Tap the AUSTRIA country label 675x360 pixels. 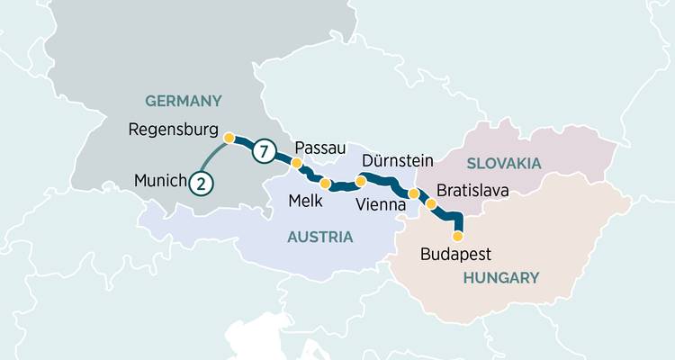click(x=319, y=237)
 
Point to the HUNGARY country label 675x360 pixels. click(x=500, y=278)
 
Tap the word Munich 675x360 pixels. click(x=159, y=181)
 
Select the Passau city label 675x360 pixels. click(x=321, y=147)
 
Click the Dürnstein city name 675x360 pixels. click(x=397, y=161)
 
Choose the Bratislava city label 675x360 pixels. click(x=472, y=191)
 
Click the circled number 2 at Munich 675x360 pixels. click(x=202, y=183)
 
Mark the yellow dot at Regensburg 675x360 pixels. click(x=229, y=138)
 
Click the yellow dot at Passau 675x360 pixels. click(x=296, y=164)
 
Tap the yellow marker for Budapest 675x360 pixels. click(x=457, y=236)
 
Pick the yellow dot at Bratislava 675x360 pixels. click(x=431, y=204)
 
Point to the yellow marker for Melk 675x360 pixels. click(x=326, y=183)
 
